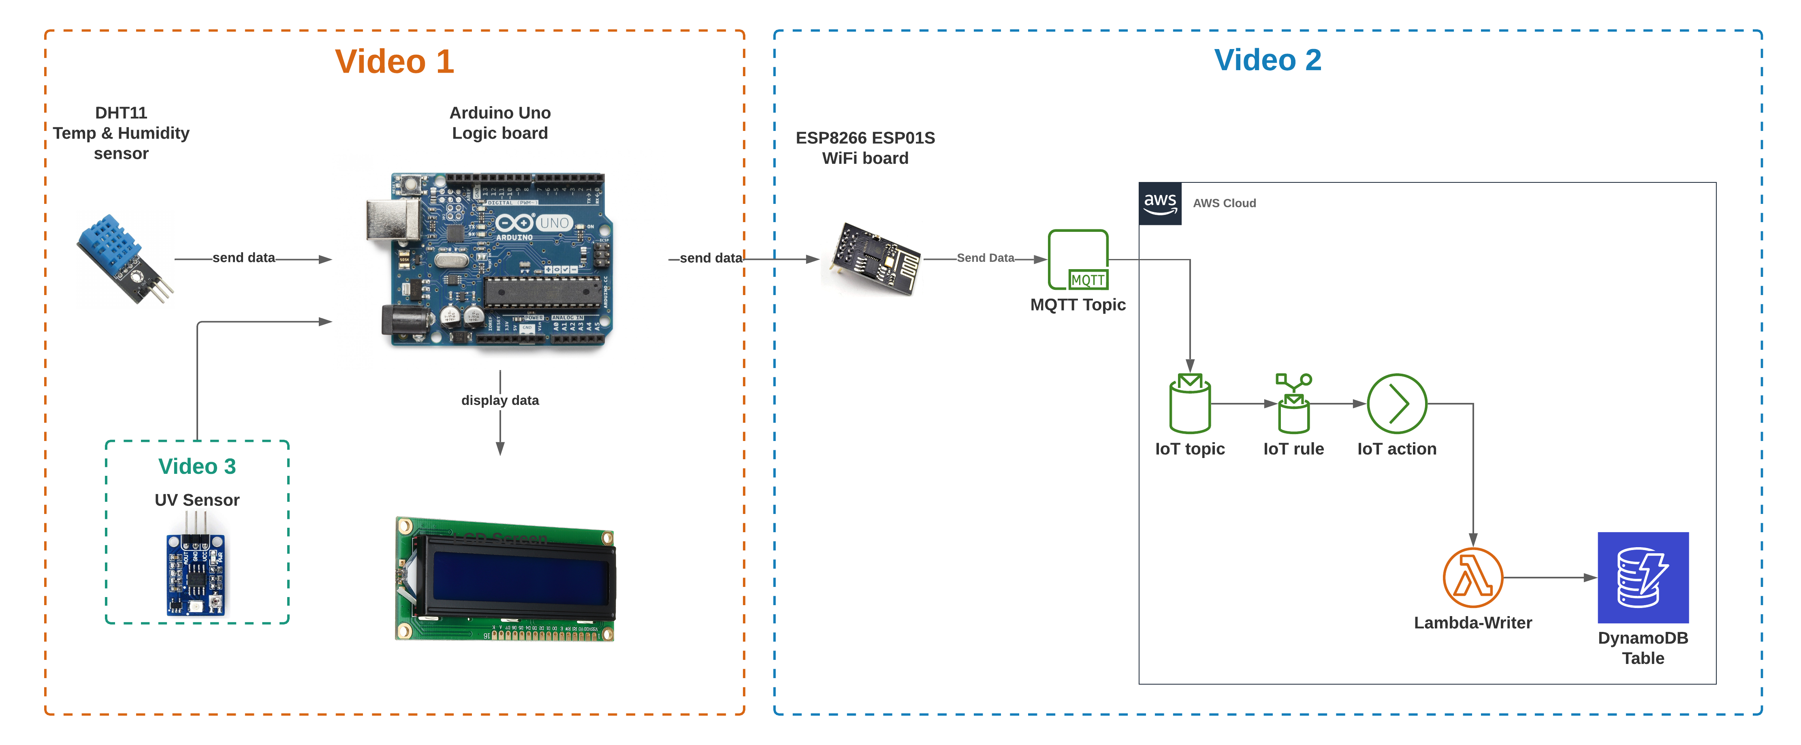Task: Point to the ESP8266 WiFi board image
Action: point(874,259)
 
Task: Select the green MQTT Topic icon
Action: point(1078,259)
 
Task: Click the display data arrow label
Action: point(500,400)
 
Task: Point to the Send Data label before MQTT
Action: point(985,258)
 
